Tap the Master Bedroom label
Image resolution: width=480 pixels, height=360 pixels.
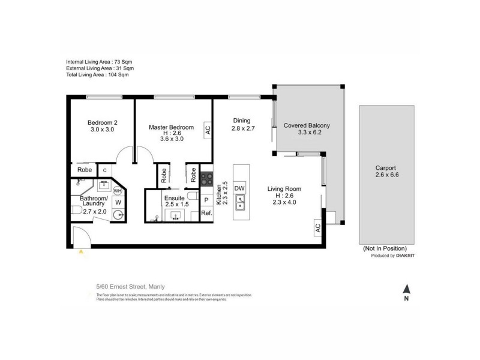tap(171, 127)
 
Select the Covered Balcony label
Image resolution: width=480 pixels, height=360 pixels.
tap(307, 125)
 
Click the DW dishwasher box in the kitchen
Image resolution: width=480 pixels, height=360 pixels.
tap(239, 188)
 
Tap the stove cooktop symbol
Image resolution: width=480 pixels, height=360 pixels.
tap(207, 178)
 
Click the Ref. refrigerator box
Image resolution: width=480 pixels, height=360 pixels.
tap(206, 213)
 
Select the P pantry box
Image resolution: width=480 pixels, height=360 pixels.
tap(206, 200)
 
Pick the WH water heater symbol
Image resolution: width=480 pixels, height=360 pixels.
tap(118, 191)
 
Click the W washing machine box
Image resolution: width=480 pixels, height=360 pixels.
tap(118, 203)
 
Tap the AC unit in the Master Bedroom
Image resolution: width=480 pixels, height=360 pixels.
tap(208, 128)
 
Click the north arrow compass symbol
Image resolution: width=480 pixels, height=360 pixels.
tap(406, 290)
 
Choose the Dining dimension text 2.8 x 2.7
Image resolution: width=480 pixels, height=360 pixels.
tap(244, 128)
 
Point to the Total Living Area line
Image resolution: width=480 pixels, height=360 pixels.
tap(98, 75)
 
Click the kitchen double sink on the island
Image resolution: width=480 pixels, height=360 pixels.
tap(239, 206)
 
